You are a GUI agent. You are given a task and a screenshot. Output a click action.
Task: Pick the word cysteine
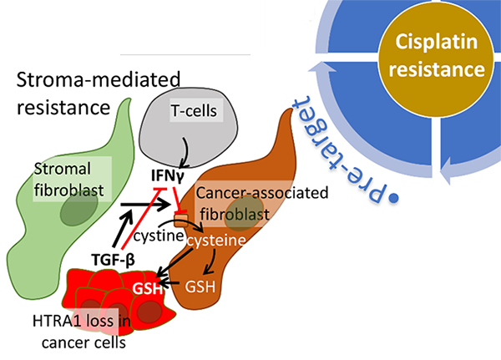click(x=215, y=240)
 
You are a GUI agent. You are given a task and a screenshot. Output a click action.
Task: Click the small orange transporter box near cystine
click(x=180, y=223)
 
